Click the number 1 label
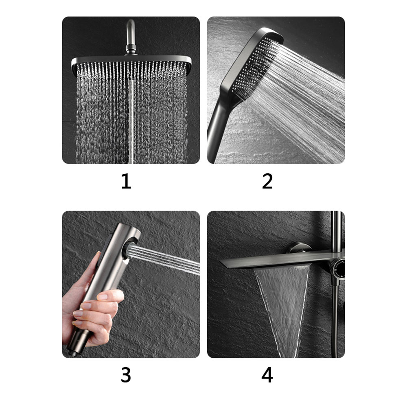coord(126,182)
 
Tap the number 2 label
coord(267,182)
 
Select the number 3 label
coord(126,375)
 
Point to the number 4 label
coord(267,375)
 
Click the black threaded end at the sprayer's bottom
coord(74,350)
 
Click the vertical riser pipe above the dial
coord(336,232)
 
